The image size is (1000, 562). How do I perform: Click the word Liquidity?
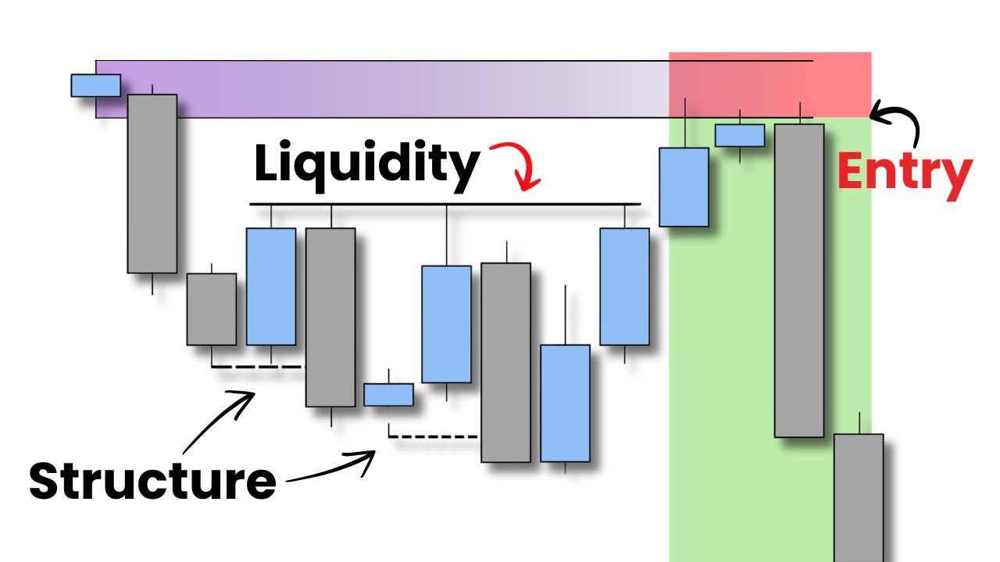point(366,165)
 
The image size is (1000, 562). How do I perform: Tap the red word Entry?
point(905,173)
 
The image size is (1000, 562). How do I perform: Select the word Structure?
point(152,481)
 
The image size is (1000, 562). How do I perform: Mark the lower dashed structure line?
point(434,436)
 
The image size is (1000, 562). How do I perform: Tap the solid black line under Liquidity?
point(445,205)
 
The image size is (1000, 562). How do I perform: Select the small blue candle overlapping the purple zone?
point(95,85)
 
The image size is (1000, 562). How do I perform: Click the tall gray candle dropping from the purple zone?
point(152,183)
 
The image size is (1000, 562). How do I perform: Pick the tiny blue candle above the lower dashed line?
point(388,394)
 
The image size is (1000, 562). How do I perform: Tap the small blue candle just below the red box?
point(740,135)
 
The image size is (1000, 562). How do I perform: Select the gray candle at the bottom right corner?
point(859,496)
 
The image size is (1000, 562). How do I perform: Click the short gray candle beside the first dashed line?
point(211,309)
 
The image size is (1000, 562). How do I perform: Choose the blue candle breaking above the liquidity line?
point(684,187)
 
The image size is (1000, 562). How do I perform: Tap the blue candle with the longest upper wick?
point(446,323)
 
